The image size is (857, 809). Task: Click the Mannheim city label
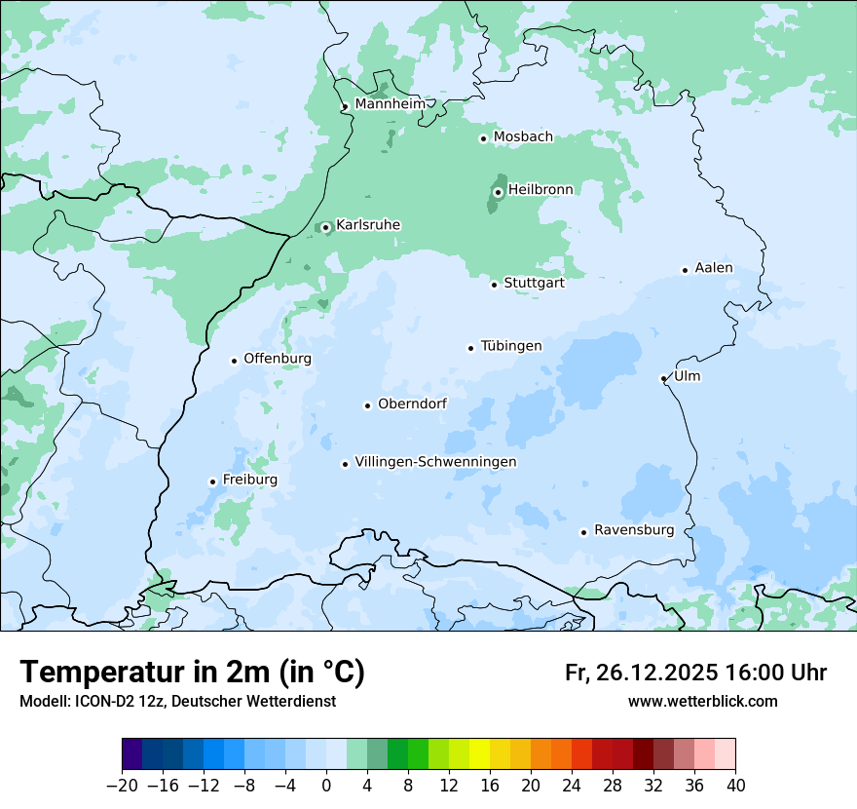390,103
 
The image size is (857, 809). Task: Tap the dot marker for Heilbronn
498,192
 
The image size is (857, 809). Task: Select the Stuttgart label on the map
534,283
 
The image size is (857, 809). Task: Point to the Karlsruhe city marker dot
326,227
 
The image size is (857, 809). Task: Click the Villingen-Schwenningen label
435,462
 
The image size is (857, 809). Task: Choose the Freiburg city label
249,480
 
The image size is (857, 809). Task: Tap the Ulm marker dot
663,378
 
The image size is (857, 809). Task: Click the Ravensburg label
633,530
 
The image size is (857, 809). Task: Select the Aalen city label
714,268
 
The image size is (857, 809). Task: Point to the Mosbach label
523,136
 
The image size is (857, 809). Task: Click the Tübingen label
510,346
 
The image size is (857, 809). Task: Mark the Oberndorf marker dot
367,405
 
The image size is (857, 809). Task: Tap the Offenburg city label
278,359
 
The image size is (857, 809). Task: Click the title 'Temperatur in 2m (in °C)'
192,672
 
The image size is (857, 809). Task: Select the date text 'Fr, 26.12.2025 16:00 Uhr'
695,673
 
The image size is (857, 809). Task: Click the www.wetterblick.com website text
702,701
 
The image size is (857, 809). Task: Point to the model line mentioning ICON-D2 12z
177,701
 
